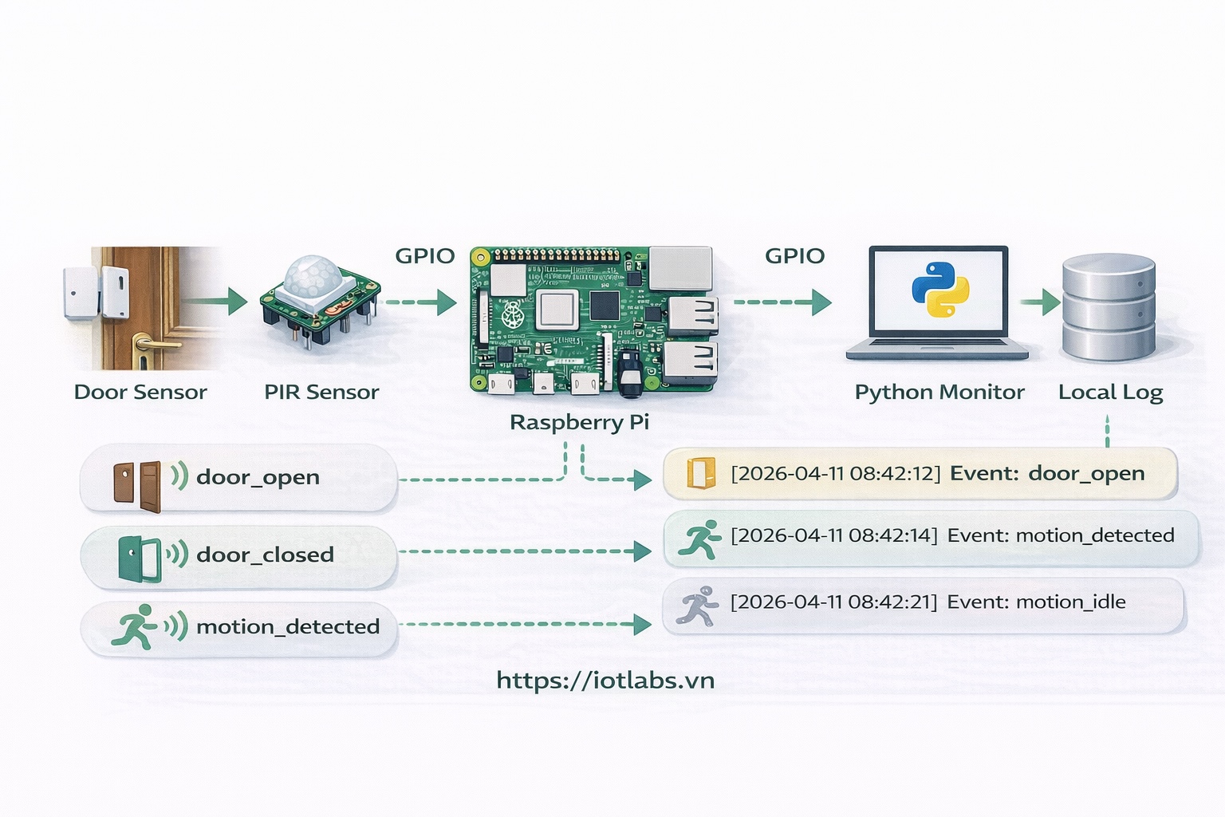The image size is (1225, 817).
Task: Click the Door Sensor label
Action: [x=140, y=392]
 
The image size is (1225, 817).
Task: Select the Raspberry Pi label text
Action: [x=579, y=422]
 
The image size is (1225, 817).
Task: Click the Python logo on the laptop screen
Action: [x=940, y=289]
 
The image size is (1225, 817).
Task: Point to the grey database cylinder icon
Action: [x=1109, y=307]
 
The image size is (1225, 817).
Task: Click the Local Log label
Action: [x=1110, y=393]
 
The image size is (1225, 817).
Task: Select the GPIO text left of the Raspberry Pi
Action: [x=424, y=256]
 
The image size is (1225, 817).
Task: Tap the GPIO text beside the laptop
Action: [x=794, y=256]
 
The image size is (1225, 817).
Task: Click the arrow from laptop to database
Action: [x=1040, y=302]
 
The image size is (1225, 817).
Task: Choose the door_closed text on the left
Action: [x=265, y=555]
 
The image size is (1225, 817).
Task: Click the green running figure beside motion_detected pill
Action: [x=135, y=626]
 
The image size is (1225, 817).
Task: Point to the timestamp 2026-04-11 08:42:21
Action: [x=833, y=602]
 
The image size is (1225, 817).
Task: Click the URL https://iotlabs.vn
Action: [x=605, y=681]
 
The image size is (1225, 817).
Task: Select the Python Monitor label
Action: [x=939, y=393]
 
